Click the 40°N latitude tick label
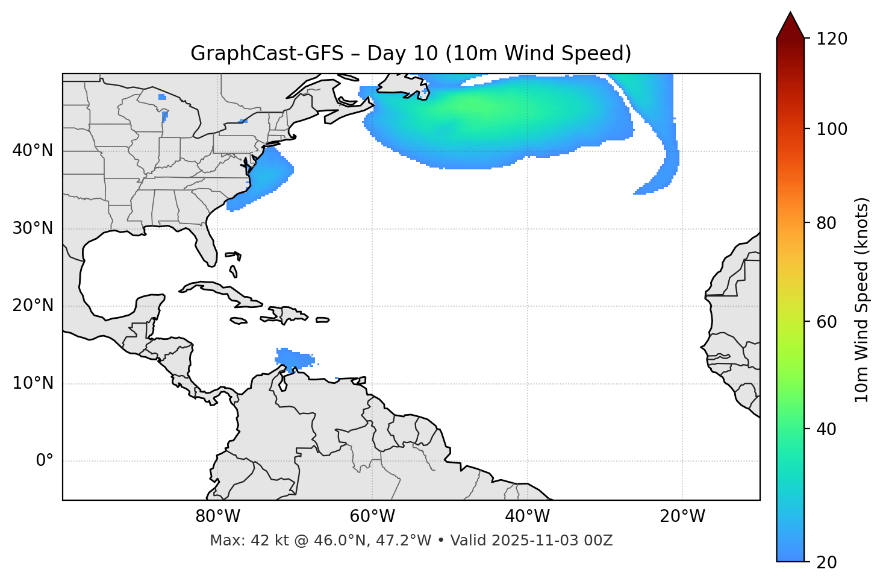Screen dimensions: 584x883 coord(33,151)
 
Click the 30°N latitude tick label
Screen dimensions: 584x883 coord(33,228)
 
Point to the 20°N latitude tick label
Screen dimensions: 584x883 coord(33,306)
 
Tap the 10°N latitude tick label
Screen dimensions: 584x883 coord(33,383)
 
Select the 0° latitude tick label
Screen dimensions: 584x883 coord(44,461)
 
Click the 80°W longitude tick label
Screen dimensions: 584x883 coord(217,516)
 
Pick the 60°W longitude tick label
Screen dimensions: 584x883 coord(372,516)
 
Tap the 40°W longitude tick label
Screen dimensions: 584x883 coord(528,516)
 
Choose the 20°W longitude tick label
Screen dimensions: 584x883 coord(682,516)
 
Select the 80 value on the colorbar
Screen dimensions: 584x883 coord(826,224)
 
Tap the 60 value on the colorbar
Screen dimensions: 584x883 coord(826,322)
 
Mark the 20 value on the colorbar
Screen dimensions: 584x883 coord(826,562)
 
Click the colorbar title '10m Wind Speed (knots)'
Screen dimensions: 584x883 coord(862,300)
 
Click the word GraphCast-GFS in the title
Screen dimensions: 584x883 coord(267,54)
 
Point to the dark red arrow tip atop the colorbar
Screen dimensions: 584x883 coord(790,23)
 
